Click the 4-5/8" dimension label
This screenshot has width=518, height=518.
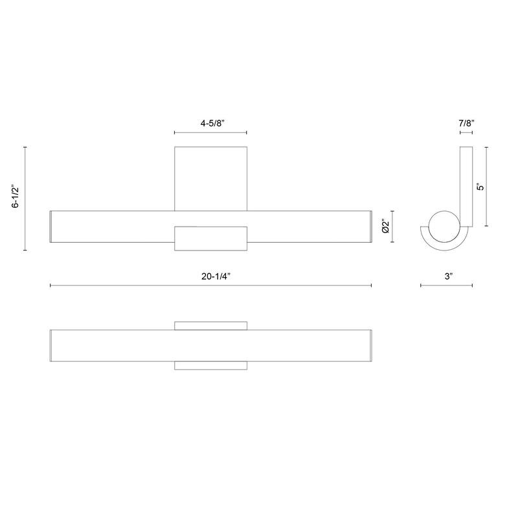point(210,122)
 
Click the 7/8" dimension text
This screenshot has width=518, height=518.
point(466,122)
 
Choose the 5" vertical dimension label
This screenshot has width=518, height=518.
point(480,186)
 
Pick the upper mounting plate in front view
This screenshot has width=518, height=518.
point(210,178)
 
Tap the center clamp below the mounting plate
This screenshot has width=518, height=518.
point(210,239)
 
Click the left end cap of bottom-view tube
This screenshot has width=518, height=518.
point(51,345)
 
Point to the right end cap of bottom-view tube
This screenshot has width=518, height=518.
point(370,345)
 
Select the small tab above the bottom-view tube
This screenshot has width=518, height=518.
point(210,325)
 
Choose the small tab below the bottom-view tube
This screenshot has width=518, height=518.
point(210,366)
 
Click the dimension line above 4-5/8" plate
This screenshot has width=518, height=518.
point(210,133)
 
